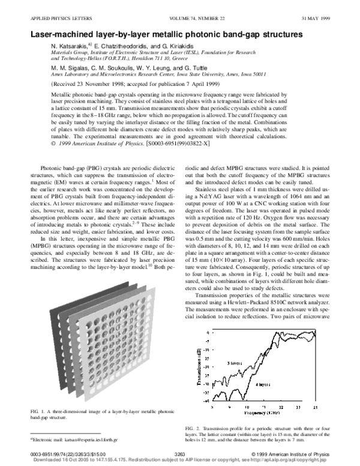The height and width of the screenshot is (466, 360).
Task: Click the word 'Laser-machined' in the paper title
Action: coord(62,35)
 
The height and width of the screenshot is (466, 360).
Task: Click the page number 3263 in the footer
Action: coord(179,455)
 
